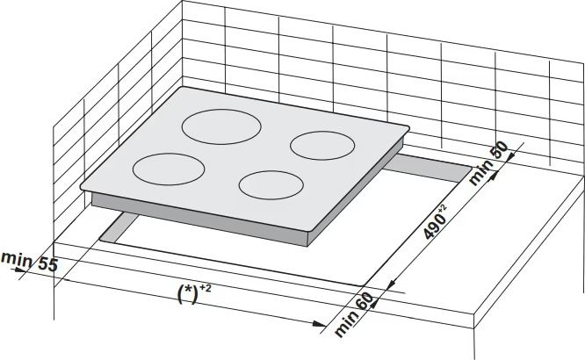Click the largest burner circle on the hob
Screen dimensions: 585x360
coord(221,126)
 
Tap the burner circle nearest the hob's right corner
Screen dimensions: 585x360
coord(322,146)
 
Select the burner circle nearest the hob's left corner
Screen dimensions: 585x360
coord(169,169)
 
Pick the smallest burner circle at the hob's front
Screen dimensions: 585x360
coord(271,185)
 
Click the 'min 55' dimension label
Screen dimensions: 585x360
coord(30,262)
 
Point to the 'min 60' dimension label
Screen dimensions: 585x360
coord(353,314)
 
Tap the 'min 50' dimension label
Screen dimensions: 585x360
coord(488,162)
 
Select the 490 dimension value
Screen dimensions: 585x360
coord(435,227)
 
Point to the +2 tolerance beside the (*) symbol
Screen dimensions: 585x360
coord(206,288)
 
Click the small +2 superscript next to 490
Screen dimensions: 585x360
coord(442,209)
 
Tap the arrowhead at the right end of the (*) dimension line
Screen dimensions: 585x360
coord(320,323)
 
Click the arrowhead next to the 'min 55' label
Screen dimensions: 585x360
coord(18,269)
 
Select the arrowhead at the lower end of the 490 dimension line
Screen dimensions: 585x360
coord(390,285)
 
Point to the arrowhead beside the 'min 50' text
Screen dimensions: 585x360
coord(491,176)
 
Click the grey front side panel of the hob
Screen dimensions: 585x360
coord(199,220)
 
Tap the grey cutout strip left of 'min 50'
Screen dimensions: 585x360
coord(429,169)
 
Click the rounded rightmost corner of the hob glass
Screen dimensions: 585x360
coord(407,129)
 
